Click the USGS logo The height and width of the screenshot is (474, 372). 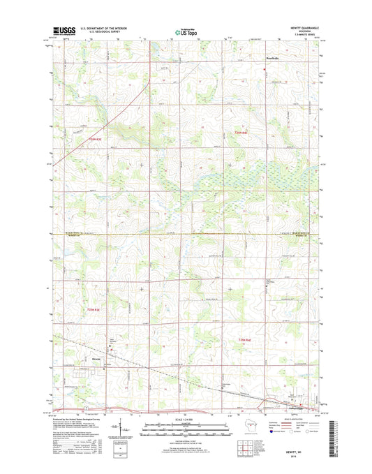pyautogui.click(x=64, y=31)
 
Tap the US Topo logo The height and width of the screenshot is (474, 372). pyautogui.click(x=185, y=31)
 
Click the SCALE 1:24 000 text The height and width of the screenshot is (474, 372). pyautogui.click(x=186, y=420)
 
